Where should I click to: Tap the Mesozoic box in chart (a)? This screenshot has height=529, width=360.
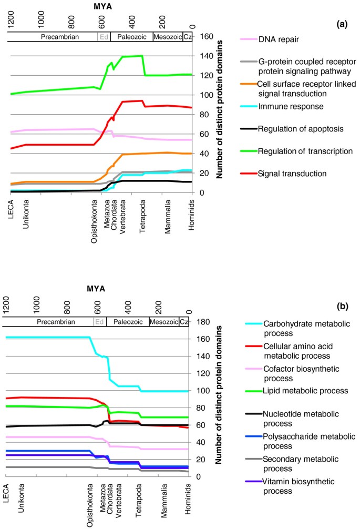(x=168, y=37)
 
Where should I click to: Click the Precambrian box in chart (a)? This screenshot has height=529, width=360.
(x=53, y=37)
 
